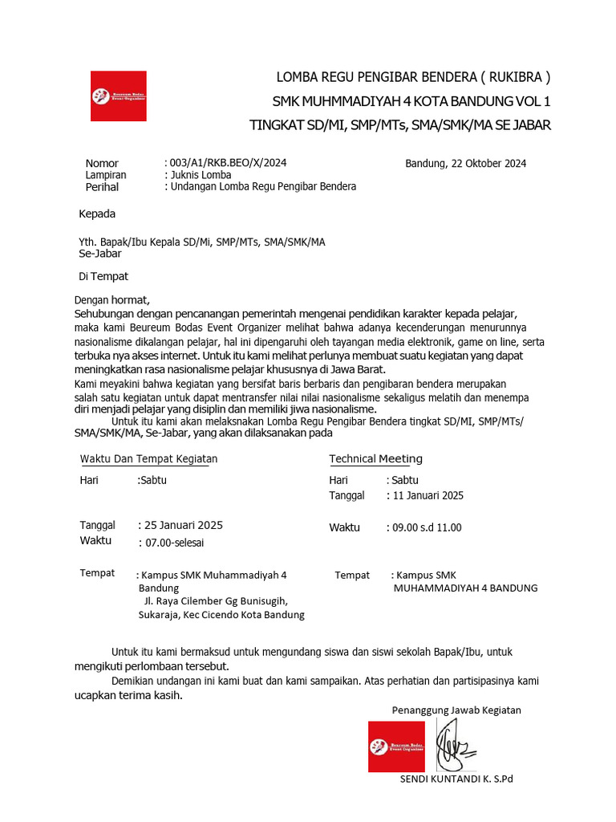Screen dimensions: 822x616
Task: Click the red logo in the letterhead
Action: coord(118,96)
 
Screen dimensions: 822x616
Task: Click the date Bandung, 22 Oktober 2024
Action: coord(465,164)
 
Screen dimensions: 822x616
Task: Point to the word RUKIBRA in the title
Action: coord(516,78)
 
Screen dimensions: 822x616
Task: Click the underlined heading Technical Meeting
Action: coord(375,459)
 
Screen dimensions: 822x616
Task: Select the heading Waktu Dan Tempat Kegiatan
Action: coord(148,459)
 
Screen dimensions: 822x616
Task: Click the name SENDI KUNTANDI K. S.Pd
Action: coord(456,779)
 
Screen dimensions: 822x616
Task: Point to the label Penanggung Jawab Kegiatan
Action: coord(456,710)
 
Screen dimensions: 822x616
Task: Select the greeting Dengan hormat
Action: coord(111,300)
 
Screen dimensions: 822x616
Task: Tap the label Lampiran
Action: coord(106,175)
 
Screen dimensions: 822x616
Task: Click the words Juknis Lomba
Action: coord(201,175)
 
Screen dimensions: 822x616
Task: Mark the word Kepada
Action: coord(97,214)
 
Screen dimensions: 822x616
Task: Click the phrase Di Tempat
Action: coord(103,276)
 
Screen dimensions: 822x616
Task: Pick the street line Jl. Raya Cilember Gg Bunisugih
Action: coord(215,600)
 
